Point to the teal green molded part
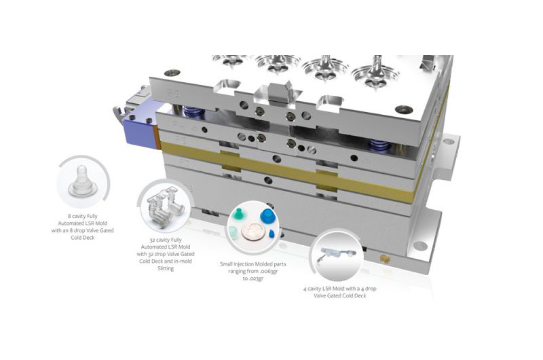point(237,215)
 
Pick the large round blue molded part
point(267,217)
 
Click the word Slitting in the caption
point(166,268)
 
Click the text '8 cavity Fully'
point(82,216)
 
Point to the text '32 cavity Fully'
point(166,240)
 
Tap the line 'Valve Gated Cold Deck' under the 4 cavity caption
point(340,296)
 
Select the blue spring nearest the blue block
point(193,111)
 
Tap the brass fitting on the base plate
point(383,259)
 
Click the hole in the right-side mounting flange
point(449,141)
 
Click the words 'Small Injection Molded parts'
point(253,264)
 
